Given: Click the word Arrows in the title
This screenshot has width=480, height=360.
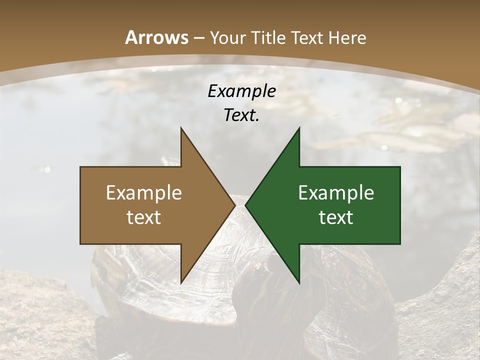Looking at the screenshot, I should pyautogui.click(x=157, y=37).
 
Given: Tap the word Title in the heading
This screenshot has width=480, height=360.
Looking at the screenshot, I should pyautogui.click(x=269, y=37).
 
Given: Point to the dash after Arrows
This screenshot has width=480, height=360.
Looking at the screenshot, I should pyautogui.click(x=198, y=38).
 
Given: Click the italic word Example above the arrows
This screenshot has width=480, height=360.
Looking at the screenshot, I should pyautogui.click(x=241, y=91).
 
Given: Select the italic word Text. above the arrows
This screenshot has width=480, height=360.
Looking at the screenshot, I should pyautogui.click(x=241, y=115).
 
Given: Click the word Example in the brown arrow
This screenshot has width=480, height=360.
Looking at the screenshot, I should pyautogui.click(x=144, y=192).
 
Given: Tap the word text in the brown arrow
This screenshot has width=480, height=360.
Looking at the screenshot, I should pyautogui.click(x=144, y=217).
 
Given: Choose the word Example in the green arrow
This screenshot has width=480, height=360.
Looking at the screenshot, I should pyautogui.click(x=336, y=192).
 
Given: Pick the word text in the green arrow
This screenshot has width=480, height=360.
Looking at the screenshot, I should pyautogui.click(x=336, y=217).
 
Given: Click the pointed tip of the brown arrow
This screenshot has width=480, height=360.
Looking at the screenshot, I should pyautogui.click(x=235, y=205).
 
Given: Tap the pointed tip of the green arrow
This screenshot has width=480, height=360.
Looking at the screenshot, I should pyautogui.click(x=245, y=205).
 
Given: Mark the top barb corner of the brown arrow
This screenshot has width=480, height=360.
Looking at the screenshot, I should pyautogui.click(x=181, y=128).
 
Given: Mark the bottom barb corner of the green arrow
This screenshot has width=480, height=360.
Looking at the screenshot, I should pyautogui.click(x=299, y=283).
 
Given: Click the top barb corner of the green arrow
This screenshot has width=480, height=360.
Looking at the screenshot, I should pyautogui.click(x=299, y=128).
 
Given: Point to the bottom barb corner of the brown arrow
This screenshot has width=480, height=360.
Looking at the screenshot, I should pyautogui.click(x=181, y=283).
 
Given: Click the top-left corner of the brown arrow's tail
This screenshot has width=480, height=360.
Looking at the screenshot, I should pyautogui.click(x=80, y=167).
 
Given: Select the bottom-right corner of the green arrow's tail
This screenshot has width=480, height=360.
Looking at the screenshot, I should pyautogui.click(x=400, y=244).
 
